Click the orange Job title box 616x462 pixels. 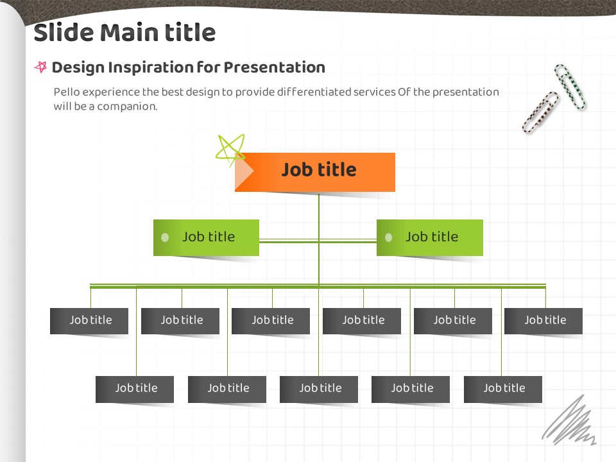pos(315,172)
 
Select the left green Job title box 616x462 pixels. pos(206,237)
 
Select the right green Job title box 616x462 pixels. pos(430,237)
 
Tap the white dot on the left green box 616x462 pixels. pos(165,237)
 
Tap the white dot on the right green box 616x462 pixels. pos(389,237)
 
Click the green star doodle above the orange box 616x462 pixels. pos(230,150)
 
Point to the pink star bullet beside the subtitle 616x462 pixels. pos(40,67)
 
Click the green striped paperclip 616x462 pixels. pos(570,87)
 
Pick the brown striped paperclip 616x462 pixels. pos(540,112)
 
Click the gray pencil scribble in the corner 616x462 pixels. pos(569,420)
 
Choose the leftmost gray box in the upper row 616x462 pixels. pos(89,321)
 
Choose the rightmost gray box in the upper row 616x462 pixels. pos(543,321)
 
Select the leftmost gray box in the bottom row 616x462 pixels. pos(135,389)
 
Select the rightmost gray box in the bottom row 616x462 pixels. pos(503,389)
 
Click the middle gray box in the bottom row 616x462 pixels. pos(319,389)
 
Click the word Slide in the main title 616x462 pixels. pos(64,32)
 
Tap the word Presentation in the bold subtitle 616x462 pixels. pos(274,67)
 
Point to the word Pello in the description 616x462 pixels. pos(67,92)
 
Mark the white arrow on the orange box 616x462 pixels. pos(244,171)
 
